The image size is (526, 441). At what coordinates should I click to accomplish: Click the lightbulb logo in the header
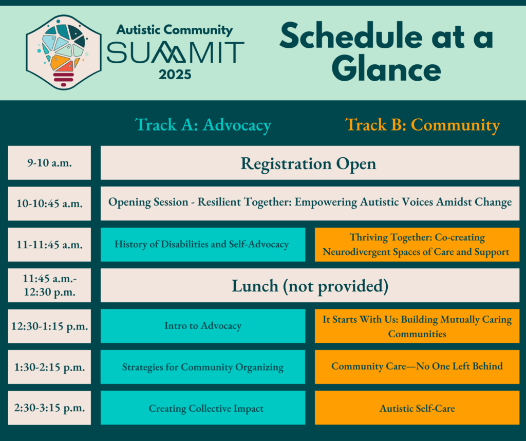tap(63, 51)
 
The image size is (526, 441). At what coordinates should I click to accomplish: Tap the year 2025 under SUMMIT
tap(175, 74)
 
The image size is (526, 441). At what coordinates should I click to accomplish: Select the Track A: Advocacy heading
tap(203, 125)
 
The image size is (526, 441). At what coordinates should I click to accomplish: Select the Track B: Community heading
tap(422, 125)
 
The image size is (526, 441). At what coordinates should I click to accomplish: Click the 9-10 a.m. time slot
tap(49, 163)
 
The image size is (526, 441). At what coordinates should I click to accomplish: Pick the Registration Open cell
tap(309, 163)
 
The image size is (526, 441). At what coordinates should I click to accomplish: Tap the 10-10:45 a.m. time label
tap(49, 204)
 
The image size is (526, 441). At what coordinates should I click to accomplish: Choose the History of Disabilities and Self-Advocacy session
tap(202, 244)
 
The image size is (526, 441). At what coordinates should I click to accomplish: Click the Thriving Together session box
tap(417, 244)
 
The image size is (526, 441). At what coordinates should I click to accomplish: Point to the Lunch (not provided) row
tap(309, 286)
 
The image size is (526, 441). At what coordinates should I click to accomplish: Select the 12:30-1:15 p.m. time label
tap(49, 326)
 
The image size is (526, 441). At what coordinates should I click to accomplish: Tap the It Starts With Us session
tap(417, 326)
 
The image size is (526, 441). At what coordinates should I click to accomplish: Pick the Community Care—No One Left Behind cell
tap(417, 366)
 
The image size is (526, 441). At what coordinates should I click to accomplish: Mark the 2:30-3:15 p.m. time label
tap(49, 408)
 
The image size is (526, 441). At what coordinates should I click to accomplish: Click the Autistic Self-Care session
tap(417, 409)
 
